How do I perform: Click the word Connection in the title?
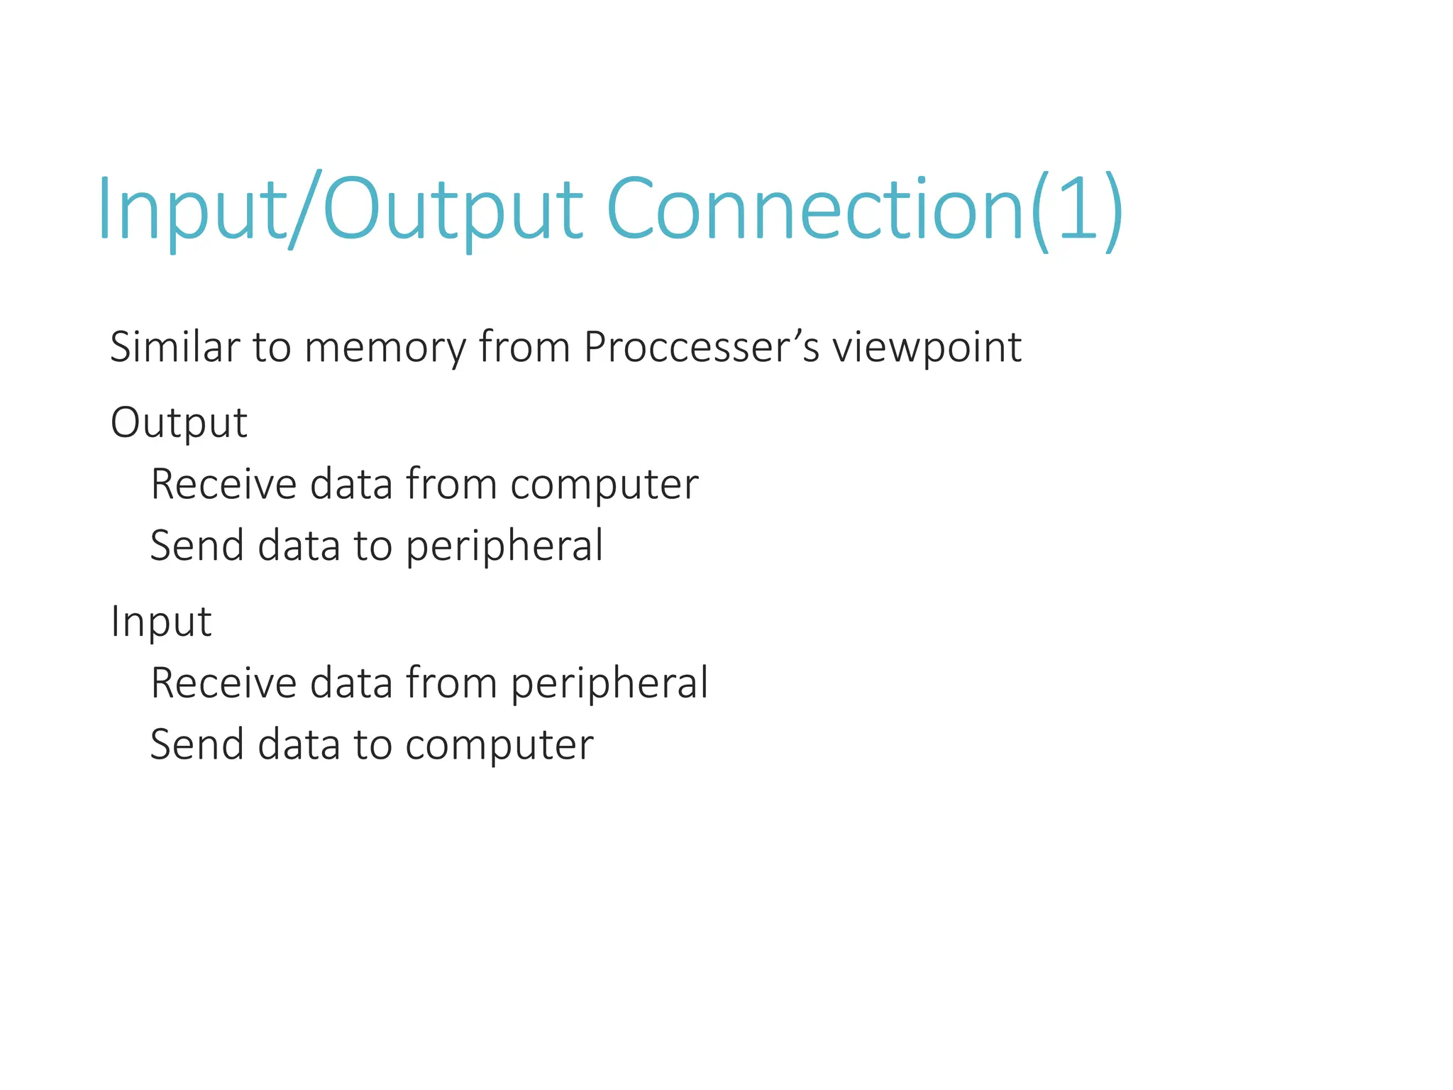[816, 209]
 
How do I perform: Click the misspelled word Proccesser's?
[701, 348]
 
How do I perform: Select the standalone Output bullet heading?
[179, 423]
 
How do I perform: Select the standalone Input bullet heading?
[161, 622]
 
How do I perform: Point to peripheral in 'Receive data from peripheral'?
[609, 684]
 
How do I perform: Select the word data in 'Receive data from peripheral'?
[351, 683]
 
